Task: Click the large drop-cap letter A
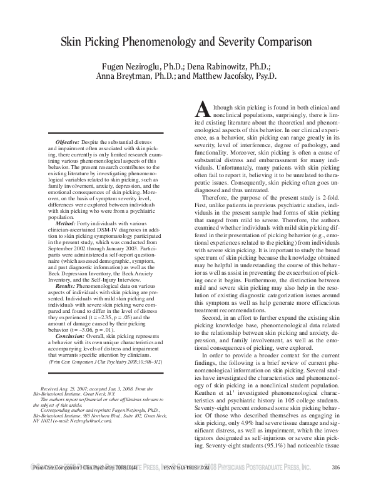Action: (x=203, y=111)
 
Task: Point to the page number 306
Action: (x=335, y=484)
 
